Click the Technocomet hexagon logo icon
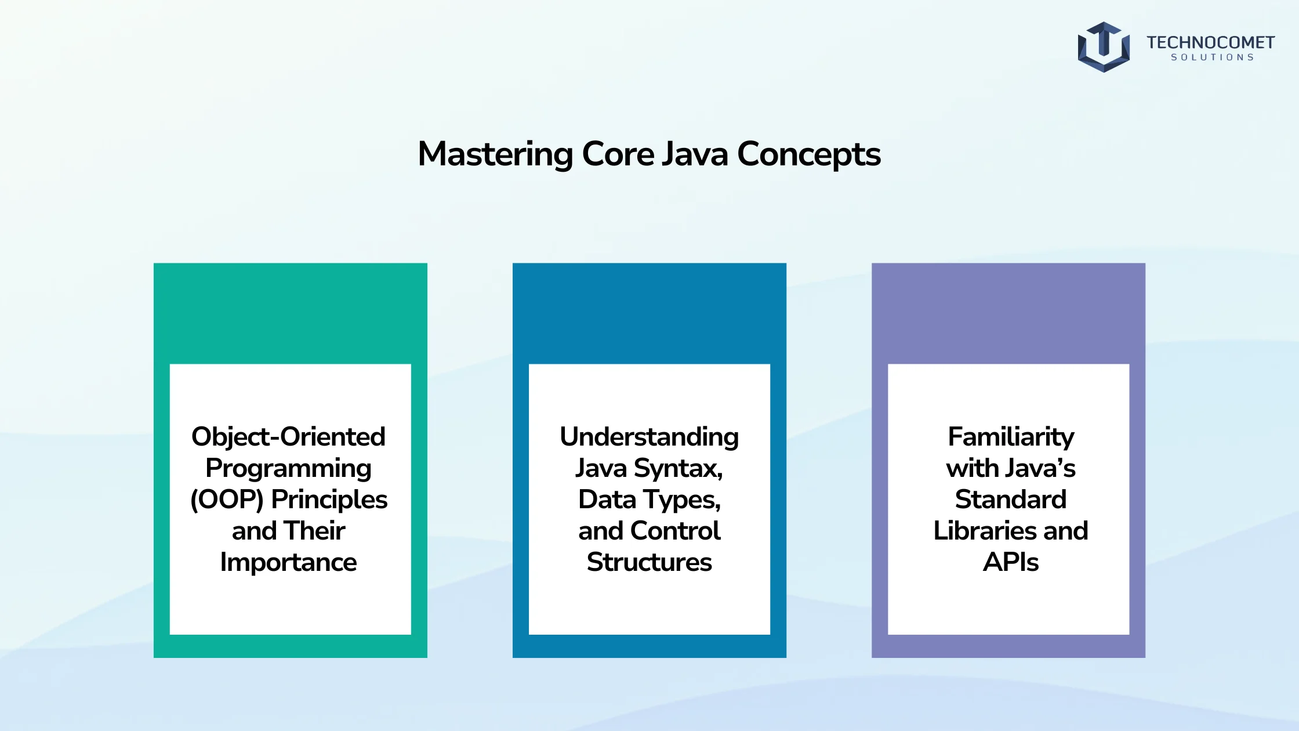click(x=1104, y=47)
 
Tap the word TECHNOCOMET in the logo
click(x=1211, y=42)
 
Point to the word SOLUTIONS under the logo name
click(x=1213, y=57)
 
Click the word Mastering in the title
click(x=496, y=154)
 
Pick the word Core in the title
click(x=618, y=154)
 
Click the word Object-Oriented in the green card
click(x=288, y=437)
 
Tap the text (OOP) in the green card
click(x=227, y=500)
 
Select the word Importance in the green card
click(x=288, y=562)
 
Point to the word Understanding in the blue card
click(x=649, y=437)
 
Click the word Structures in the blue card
click(x=649, y=562)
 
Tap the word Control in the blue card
click(x=676, y=530)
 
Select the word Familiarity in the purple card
click(x=1011, y=437)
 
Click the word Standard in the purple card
click(x=1011, y=499)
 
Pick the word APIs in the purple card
click(x=1011, y=562)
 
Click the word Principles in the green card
click(x=329, y=500)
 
